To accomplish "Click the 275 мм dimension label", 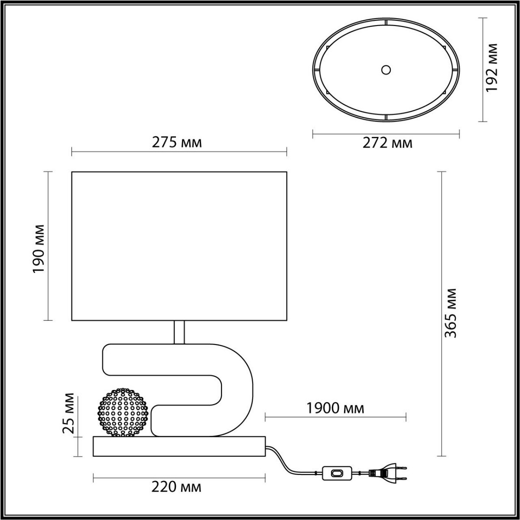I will [176, 142].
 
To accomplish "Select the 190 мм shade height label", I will [39, 248].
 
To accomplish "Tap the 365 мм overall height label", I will [451, 312].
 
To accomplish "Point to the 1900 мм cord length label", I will [335, 408].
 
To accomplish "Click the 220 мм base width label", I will [176, 487].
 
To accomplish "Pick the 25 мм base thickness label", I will [68, 413].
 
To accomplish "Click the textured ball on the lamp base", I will [123, 412].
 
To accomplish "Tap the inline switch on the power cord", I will [337, 473].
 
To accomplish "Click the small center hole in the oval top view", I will [386, 70].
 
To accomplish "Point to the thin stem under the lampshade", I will [179, 332].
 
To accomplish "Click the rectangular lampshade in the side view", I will [179, 246].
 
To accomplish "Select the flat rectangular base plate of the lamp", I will [179, 446].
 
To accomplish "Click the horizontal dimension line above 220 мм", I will [179, 478].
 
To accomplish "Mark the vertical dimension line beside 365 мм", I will [441, 313].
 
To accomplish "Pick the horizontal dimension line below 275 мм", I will [179, 152].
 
